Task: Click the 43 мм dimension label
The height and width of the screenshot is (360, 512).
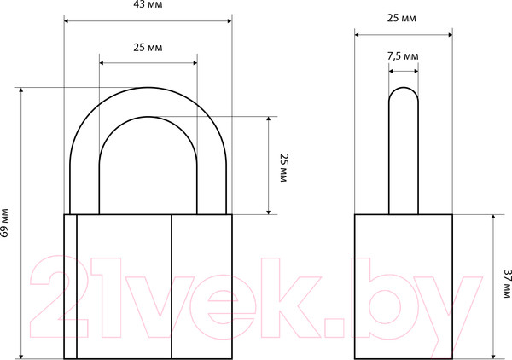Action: (x=148, y=4)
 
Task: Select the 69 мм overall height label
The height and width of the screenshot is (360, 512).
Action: (x=4, y=223)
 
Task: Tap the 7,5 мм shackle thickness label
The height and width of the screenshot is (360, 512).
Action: (x=403, y=56)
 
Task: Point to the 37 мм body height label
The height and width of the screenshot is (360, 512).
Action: (x=506, y=283)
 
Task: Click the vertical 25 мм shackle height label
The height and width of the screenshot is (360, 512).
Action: (x=283, y=168)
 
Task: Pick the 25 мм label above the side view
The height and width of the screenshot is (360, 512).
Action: (x=402, y=18)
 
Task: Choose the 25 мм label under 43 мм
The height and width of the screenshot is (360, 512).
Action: (x=148, y=48)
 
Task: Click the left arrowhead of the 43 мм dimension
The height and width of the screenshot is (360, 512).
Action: (x=66, y=20)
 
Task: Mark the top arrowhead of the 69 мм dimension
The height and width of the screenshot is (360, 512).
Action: (x=21, y=90)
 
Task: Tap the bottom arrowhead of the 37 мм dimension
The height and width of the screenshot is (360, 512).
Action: (x=493, y=357)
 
